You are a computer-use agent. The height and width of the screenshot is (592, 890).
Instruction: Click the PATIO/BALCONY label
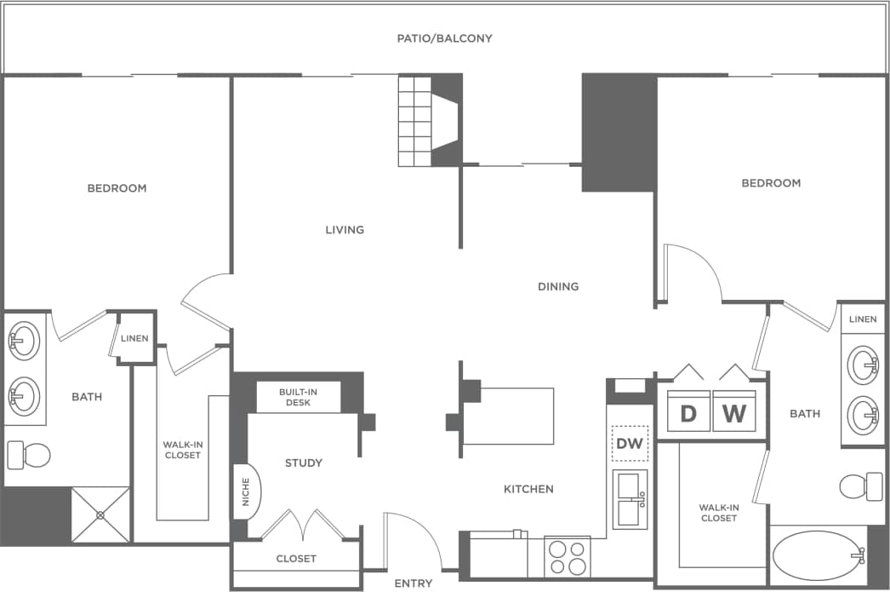click(444, 38)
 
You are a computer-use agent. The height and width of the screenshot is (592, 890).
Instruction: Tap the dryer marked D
click(688, 414)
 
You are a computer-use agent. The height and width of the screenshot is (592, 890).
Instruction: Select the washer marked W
click(734, 414)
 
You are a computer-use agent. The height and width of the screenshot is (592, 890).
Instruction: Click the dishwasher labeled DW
click(630, 444)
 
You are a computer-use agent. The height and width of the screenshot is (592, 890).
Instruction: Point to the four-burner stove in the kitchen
click(568, 559)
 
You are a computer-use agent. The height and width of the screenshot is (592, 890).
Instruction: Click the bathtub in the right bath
click(818, 555)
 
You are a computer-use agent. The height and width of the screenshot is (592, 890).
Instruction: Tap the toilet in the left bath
click(28, 455)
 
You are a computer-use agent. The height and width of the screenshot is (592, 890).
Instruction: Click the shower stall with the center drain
click(100, 514)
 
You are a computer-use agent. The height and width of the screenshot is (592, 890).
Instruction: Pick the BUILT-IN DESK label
click(299, 397)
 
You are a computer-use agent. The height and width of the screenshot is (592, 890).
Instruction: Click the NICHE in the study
click(247, 497)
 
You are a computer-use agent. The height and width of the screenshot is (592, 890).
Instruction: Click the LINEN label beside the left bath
click(134, 338)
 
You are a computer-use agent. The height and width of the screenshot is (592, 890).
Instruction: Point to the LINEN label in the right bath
click(862, 319)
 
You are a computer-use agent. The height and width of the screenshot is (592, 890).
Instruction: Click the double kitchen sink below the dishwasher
click(630, 499)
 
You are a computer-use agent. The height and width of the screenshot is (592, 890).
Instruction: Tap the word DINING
click(558, 286)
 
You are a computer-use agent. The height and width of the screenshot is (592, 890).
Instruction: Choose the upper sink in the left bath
click(23, 341)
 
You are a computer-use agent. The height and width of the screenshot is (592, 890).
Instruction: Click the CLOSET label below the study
click(296, 559)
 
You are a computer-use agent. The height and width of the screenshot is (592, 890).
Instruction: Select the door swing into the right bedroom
click(691, 272)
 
